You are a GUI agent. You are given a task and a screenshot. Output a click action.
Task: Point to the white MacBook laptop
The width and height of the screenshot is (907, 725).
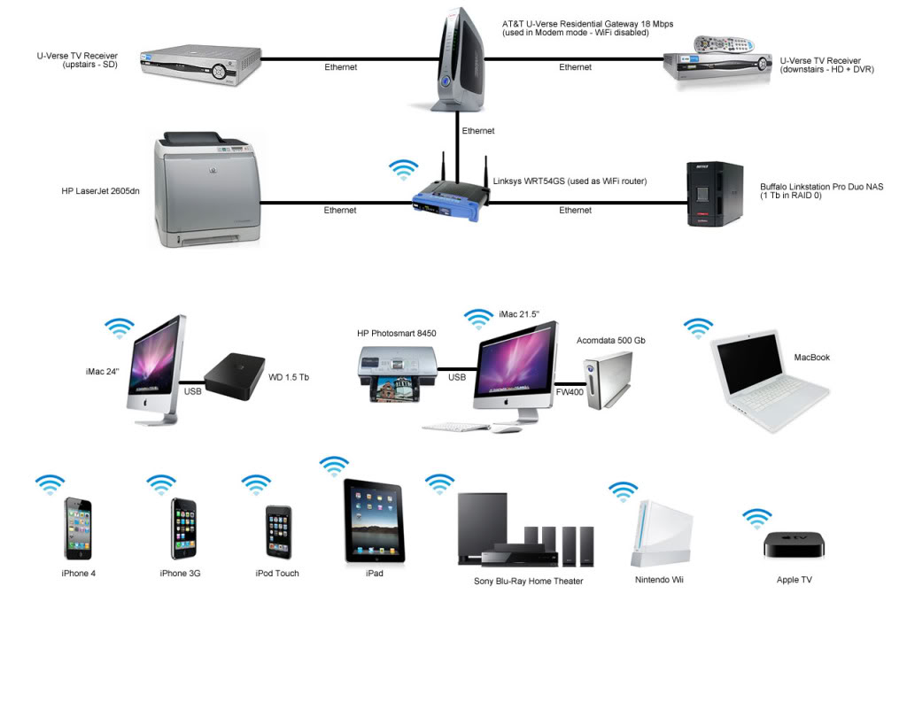(x=769, y=381)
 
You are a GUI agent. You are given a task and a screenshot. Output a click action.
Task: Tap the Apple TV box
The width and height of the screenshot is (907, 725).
(x=795, y=544)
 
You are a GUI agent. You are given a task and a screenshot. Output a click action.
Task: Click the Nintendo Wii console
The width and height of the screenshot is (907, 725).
(x=658, y=533)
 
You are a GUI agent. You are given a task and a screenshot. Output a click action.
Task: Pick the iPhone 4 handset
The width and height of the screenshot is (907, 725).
(x=78, y=528)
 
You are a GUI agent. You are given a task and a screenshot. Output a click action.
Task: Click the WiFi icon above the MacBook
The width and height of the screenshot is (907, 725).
(x=698, y=328)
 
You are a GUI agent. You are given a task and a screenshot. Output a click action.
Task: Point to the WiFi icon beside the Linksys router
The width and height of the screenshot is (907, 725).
(x=405, y=169)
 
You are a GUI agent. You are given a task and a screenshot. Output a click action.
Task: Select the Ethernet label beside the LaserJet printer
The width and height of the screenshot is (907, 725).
(x=340, y=211)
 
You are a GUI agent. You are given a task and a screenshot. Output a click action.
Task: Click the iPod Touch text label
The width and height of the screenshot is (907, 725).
(x=277, y=574)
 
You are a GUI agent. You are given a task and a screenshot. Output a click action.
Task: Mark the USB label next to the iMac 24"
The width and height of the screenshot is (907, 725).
(x=192, y=390)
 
